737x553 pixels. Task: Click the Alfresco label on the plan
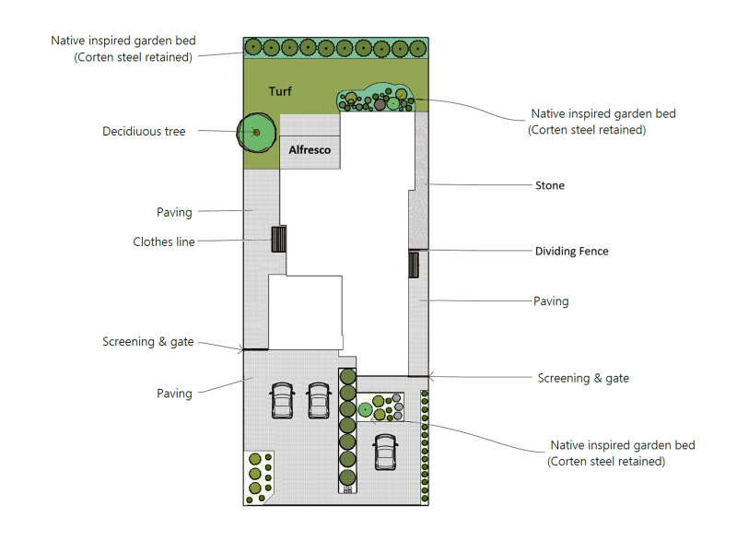click(x=310, y=150)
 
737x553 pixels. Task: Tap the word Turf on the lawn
click(x=280, y=91)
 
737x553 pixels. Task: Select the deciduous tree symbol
click(x=256, y=132)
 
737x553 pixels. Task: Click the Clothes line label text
click(x=164, y=241)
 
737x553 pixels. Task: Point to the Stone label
click(x=550, y=185)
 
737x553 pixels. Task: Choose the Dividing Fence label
click(x=571, y=251)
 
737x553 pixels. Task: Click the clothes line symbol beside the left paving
click(x=279, y=239)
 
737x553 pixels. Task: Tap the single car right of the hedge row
click(x=385, y=452)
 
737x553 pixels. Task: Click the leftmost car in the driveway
click(x=283, y=401)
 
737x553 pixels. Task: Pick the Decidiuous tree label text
click(x=144, y=131)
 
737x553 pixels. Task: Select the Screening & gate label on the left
click(x=148, y=341)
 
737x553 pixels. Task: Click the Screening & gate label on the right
click(x=583, y=378)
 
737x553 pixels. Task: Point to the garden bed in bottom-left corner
click(x=258, y=477)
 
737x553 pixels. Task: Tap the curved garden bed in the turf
click(x=376, y=98)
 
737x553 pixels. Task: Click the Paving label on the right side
click(x=551, y=301)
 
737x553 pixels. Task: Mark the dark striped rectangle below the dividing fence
click(x=414, y=265)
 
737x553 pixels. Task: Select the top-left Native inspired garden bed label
click(x=123, y=49)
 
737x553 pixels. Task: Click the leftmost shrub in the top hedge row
click(x=253, y=47)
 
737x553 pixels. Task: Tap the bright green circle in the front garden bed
click(x=365, y=410)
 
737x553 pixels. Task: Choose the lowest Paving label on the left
click(x=174, y=394)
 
